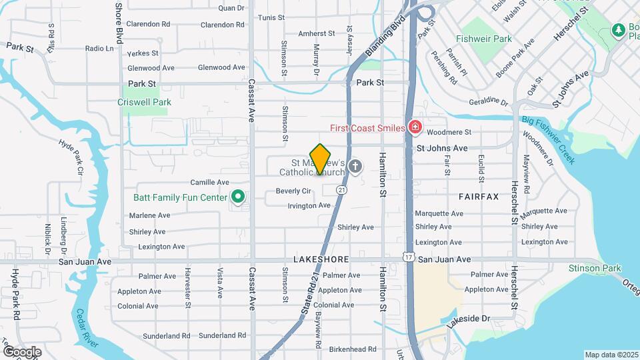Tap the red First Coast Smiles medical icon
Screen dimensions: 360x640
(x=415, y=127)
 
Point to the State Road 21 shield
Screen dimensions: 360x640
(x=341, y=190)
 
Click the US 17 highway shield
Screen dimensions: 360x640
(x=408, y=256)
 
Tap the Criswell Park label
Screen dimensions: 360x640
(x=144, y=102)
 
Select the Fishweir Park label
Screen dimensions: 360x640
(x=484, y=39)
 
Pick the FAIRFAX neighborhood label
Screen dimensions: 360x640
(x=479, y=197)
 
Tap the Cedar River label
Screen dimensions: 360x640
(x=87, y=328)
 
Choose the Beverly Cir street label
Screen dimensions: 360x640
(x=293, y=191)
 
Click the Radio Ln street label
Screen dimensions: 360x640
(x=100, y=49)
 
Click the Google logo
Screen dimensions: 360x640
(x=22, y=352)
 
